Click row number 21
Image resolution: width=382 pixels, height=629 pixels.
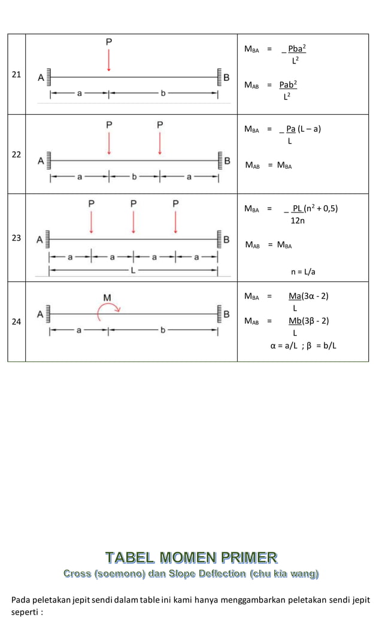[x=16, y=74]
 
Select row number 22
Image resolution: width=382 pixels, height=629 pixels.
[x=16, y=154]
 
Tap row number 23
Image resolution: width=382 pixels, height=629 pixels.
[x=16, y=238]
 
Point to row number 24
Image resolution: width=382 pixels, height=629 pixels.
[x=16, y=321]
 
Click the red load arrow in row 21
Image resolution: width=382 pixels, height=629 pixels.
[x=109, y=60]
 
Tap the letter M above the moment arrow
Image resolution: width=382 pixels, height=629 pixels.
[x=107, y=297]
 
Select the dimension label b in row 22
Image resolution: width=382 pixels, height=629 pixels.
[x=134, y=177]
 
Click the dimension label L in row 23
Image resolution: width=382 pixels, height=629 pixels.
[x=133, y=271]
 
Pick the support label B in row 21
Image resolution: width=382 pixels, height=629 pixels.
[x=226, y=77]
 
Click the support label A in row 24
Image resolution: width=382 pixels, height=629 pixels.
[x=41, y=314]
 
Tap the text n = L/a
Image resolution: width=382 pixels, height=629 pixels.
[x=303, y=272]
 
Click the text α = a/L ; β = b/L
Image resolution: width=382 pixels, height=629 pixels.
[x=303, y=345]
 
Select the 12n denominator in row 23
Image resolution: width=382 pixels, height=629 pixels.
[x=297, y=221]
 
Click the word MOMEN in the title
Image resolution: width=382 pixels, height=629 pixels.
[x=200, y=558]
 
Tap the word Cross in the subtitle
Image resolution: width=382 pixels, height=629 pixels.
[x=77, y=575]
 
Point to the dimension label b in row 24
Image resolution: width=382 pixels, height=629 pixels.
[x=162, y=330]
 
